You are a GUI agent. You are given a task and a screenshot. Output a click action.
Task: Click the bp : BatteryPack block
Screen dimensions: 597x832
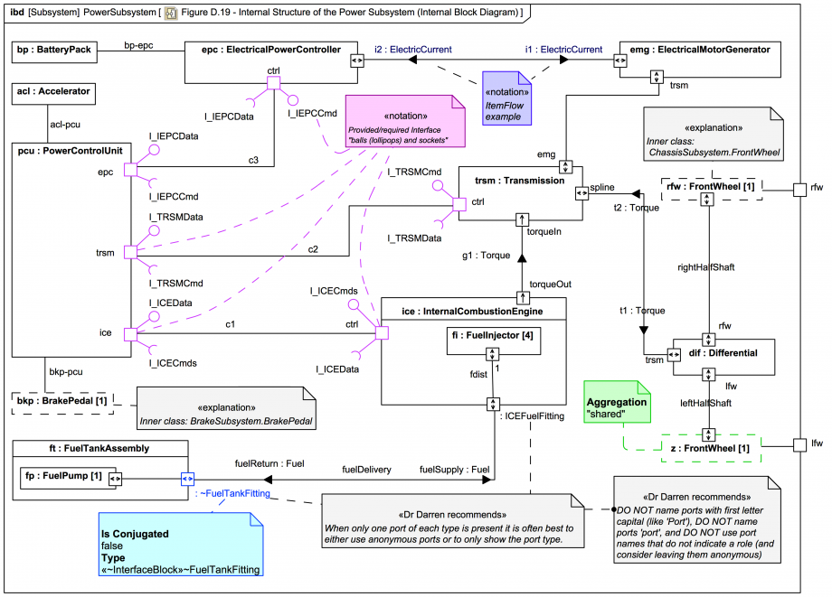point(53,51)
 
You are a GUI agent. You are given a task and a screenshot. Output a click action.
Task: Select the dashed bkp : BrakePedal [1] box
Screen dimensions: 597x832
point(62,400)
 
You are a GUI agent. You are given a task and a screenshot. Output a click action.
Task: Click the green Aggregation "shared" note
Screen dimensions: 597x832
point(619,407)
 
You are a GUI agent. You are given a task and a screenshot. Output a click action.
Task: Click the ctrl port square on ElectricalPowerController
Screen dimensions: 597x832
point(273,84)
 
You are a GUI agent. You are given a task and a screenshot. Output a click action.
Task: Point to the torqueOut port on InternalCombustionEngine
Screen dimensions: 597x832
point(521,297)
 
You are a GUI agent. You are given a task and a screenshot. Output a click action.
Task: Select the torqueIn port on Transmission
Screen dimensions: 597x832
point(521,219)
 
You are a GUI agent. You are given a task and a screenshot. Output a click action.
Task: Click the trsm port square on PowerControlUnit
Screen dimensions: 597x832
point(129,252)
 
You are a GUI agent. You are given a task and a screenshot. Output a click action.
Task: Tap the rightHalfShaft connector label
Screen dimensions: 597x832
point(705,267)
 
